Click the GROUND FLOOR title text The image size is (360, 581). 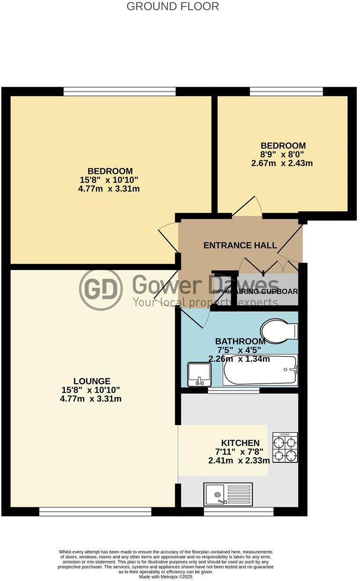[173, 7]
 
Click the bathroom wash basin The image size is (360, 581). [199, 374]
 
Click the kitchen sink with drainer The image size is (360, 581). [228, 494]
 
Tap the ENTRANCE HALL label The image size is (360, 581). [240, 245]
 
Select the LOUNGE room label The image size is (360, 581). [92, 381]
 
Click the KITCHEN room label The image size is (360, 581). [240, 443]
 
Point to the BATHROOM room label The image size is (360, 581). [240, 342]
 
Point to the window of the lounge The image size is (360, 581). [95, 513]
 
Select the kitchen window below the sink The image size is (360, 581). [239, 513]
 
